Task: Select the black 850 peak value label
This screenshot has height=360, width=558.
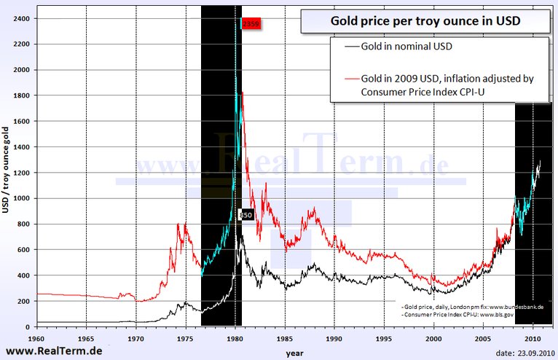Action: tap(245, 215)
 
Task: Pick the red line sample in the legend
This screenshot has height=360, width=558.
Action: tap(346, 78)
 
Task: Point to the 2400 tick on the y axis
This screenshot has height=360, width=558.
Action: tap(24, 18)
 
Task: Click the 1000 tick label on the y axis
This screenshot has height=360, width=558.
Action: tap(23, 198)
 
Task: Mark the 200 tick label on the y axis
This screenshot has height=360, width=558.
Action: tap(26, 301)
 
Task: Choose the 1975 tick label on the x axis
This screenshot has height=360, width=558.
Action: tap(185, 339)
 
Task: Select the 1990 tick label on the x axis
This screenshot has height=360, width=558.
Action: tap(334, 339)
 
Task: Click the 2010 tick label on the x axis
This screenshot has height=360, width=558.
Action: tap(533, 339)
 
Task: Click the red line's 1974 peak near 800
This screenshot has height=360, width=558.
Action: tap(178, 224)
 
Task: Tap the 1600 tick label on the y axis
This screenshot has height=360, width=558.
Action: tap(23, 121)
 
